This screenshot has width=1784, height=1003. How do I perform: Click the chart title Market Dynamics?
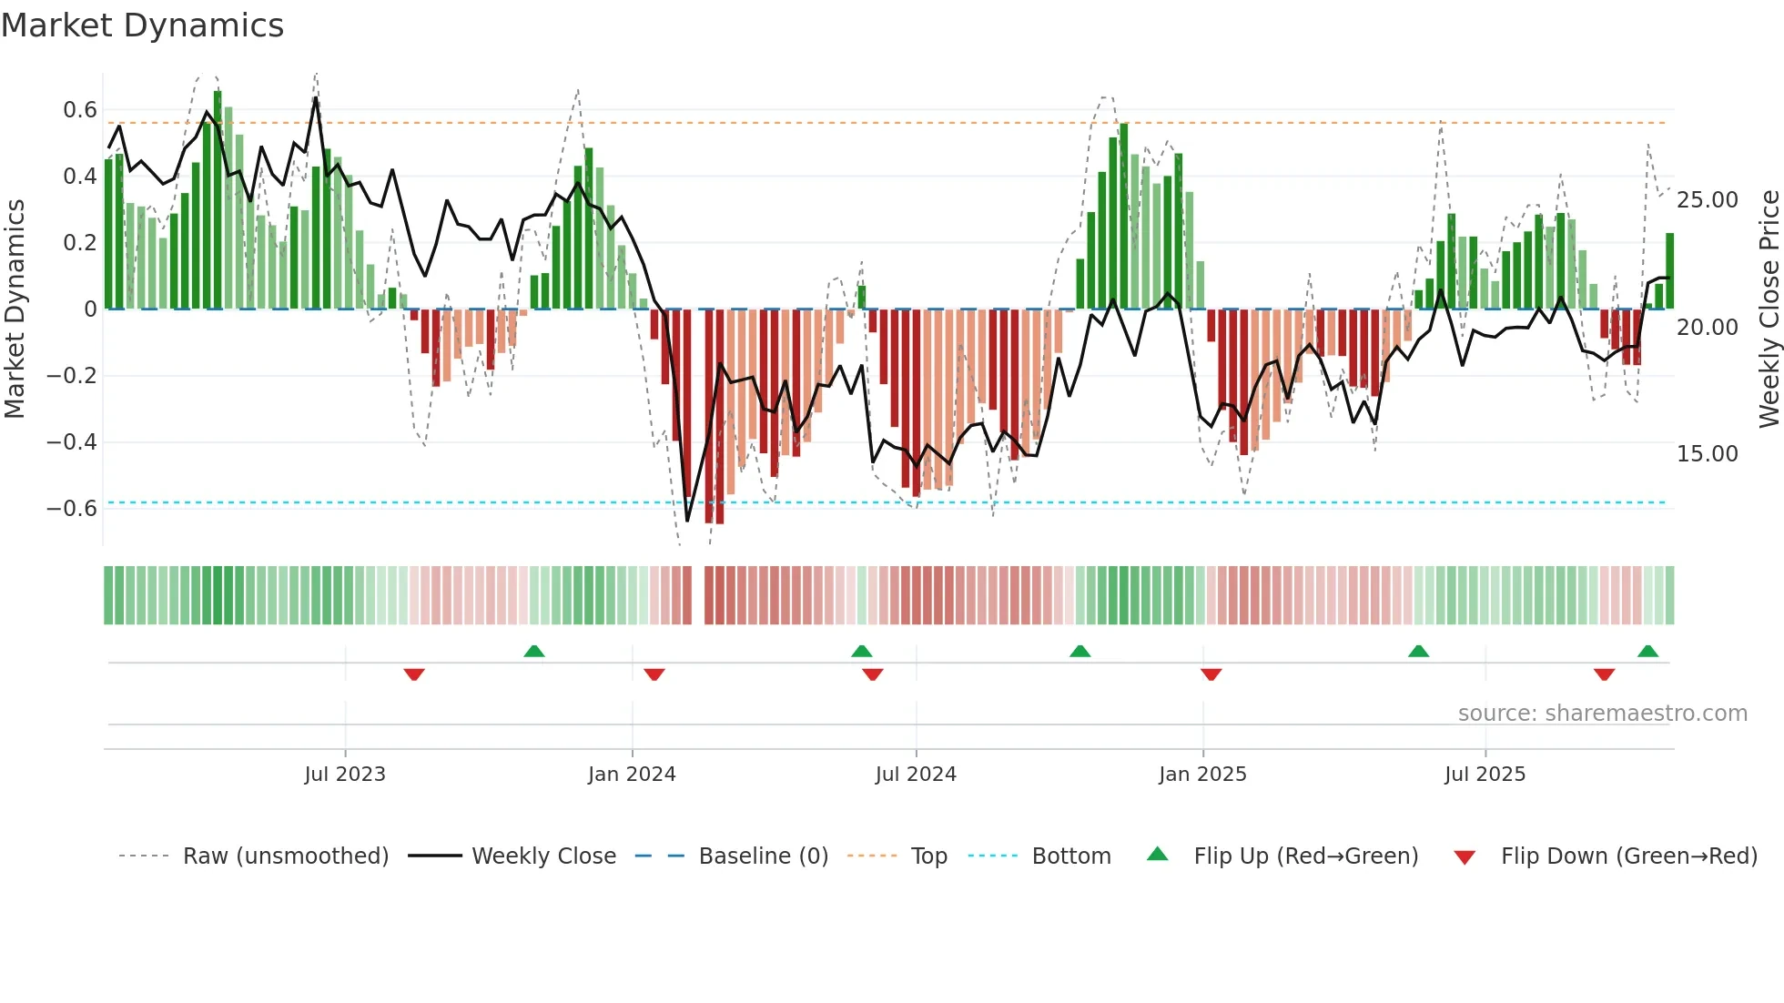[x=142, y=25]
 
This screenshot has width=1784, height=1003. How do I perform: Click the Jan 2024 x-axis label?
[x=632, y=775]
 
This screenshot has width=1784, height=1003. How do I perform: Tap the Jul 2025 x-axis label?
[x=1485, y=775]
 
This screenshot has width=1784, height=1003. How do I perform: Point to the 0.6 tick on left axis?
[x=79, y=110]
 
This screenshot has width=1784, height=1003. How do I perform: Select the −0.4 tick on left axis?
[x=72, y=442]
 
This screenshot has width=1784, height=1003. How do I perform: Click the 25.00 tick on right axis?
[x=1707, y=200]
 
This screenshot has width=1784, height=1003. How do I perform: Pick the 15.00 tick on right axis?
[x=1707, y=454]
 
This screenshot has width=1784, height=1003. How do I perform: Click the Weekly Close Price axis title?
[x=1769, y=309]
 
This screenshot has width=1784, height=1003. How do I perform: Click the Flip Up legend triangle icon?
[x=1157, y=854]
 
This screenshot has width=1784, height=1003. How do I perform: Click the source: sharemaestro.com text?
[x=1602, y=714]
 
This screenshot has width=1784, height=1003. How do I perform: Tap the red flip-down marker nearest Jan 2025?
[x=1211, y=674]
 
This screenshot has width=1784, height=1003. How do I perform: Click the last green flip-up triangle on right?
[x=1647, y=651]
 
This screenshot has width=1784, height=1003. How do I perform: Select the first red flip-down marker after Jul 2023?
[x=414, y=674]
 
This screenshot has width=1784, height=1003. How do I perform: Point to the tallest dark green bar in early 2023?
[x=218, y=200]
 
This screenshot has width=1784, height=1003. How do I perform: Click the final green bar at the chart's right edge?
[x=1669, y=271]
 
